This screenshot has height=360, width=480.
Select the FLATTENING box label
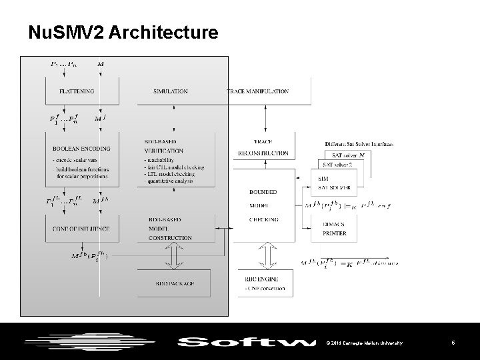(x=77, y=91)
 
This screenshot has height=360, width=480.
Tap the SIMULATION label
(x=170, y=91)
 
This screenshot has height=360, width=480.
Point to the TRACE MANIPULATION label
(x=258, y=91)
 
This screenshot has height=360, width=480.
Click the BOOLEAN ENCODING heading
(x=81, y=149)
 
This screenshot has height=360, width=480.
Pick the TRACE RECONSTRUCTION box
(x=263, y=147)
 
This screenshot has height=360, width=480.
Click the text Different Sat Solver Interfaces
(x=359, y=143)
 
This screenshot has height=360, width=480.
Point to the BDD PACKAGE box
(x=173, y=284)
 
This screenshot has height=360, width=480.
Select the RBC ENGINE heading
(x=263, y=279)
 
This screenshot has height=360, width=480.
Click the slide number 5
(x=453, y=343)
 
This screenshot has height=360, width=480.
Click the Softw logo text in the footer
(x=247, y=343)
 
